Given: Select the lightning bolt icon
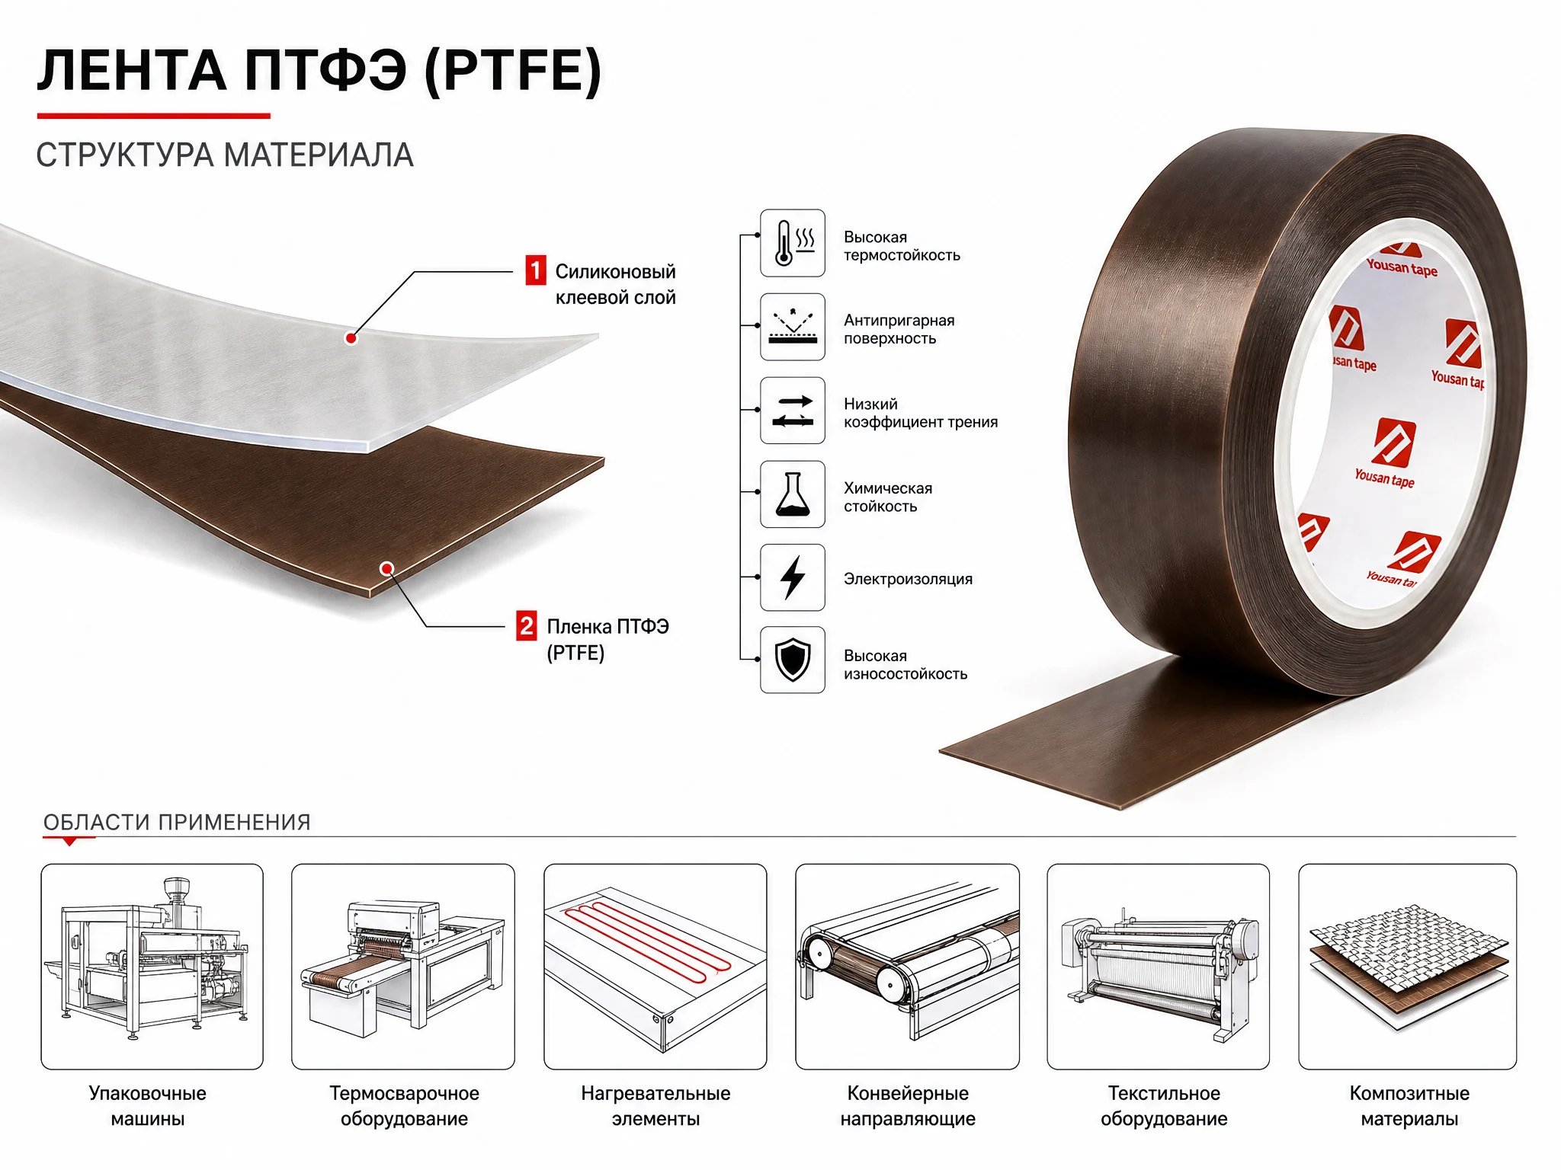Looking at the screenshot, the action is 793,577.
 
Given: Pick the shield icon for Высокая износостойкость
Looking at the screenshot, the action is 793,660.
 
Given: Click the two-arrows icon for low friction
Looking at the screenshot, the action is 793,411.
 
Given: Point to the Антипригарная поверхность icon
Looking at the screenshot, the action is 793,327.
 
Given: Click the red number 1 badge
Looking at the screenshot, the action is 536,270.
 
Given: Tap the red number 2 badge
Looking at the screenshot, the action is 527,626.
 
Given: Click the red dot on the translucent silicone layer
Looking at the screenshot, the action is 351,337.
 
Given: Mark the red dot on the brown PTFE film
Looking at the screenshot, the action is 386,568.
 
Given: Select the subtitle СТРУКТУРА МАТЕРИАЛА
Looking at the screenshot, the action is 225,155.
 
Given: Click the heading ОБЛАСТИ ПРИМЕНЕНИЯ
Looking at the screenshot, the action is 177,823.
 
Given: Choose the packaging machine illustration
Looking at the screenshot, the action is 152,966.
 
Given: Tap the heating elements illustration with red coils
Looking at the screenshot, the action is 655,966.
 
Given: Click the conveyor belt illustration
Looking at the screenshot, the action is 907,966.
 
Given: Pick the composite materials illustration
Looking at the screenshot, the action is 1408,966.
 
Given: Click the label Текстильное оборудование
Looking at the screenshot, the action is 1164,1106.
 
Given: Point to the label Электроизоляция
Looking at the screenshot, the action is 908,579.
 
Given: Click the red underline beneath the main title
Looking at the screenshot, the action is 154,116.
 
